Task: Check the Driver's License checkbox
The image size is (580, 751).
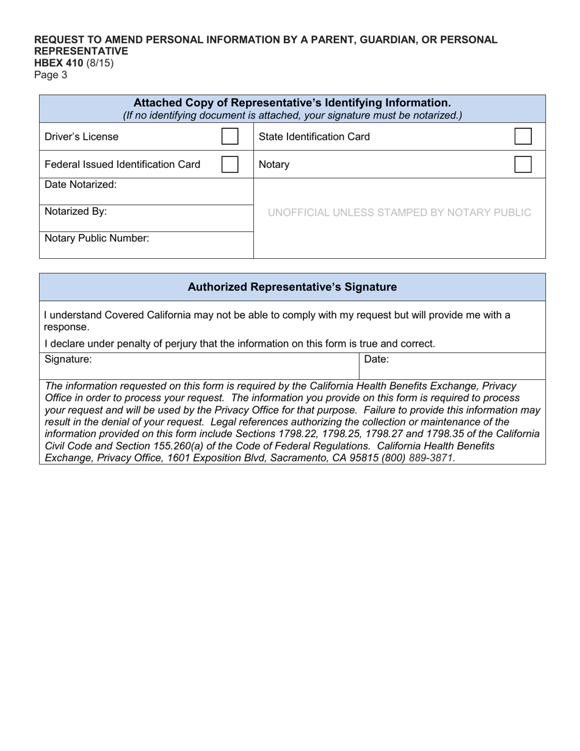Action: point(230,136)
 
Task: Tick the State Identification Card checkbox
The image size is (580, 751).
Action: point(523,136)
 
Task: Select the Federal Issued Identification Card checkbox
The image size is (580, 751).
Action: point(230,164)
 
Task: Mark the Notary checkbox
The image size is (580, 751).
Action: point(523,164)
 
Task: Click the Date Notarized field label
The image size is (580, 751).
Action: point(81,184)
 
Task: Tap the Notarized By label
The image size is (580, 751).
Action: point(76,211)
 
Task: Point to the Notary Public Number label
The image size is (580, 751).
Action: point(96,238)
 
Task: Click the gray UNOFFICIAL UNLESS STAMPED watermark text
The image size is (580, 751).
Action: point(399,212)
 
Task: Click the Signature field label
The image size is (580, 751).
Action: point(68,360)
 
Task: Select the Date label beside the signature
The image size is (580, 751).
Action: point(376,360)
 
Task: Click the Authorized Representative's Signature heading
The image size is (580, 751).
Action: point(292,287)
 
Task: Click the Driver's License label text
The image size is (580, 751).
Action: point(82,137)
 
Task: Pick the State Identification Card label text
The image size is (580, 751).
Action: point(314,137)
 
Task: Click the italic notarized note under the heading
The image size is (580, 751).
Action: point(292,115)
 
